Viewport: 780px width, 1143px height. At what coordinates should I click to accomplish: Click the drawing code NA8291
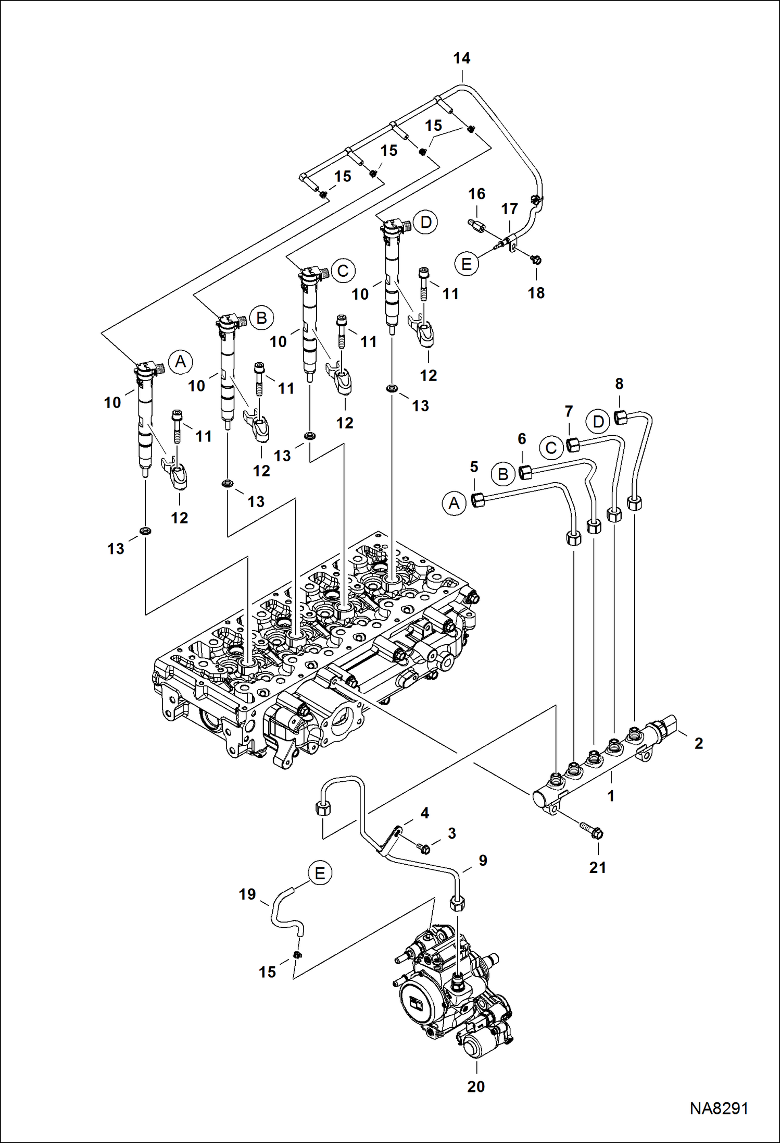(x=719, y=1108)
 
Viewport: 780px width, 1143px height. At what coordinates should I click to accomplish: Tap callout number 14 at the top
(x=461, y=58)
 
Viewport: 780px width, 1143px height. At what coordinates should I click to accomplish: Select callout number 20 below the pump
(x=476, y=1087)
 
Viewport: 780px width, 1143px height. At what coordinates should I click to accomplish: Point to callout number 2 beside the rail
(x=698, y=743)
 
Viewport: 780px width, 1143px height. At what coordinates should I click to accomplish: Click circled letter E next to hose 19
(x=320, y=873)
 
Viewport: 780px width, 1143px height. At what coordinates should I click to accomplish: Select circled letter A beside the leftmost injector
(x=181, y=362)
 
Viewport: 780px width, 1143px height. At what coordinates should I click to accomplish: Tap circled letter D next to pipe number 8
(x=598, y=421)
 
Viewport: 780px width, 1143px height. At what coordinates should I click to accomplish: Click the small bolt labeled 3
(x=424, y=849)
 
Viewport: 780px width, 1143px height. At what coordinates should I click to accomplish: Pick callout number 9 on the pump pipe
(x=483, y=861)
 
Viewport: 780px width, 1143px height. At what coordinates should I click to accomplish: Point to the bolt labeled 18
(x=537, y=259)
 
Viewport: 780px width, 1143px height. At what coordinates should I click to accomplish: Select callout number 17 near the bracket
(x=509, y=209)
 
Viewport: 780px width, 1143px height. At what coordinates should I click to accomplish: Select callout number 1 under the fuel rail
(x=611, y=796)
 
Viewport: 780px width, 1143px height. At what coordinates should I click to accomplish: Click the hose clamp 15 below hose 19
(x=297, y=955)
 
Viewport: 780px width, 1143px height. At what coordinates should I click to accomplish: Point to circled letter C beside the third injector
(x=343, y=271)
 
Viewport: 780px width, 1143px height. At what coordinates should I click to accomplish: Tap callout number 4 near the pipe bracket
(x=424, y=813)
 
